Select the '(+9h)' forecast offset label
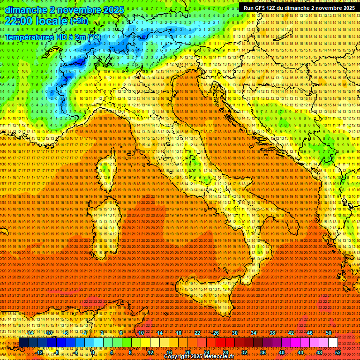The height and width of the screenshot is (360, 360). (79, 21)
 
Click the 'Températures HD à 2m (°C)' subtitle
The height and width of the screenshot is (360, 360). (52, 37)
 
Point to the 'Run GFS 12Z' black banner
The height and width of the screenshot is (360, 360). (299, 8)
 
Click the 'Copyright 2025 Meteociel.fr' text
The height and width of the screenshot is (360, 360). (199, 357)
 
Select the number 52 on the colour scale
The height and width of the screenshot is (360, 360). (338, 352)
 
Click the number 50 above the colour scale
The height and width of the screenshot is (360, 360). (329, 333)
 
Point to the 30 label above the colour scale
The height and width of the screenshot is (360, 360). (235, 333)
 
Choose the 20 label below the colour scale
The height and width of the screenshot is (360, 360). (187, 352)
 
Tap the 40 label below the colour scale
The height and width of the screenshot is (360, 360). (282, 352)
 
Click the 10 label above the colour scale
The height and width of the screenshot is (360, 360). (141, 333)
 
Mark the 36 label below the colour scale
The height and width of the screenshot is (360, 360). (263, 352)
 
